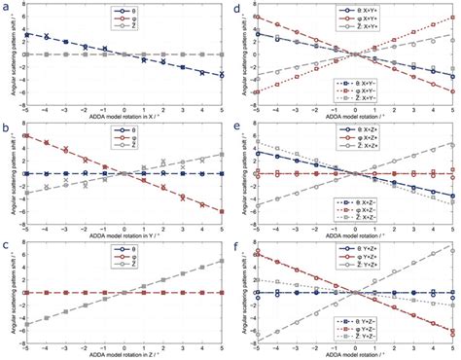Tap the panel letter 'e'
[239, 127]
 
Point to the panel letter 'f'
[239, 247]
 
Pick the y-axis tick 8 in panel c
[19, 246]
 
